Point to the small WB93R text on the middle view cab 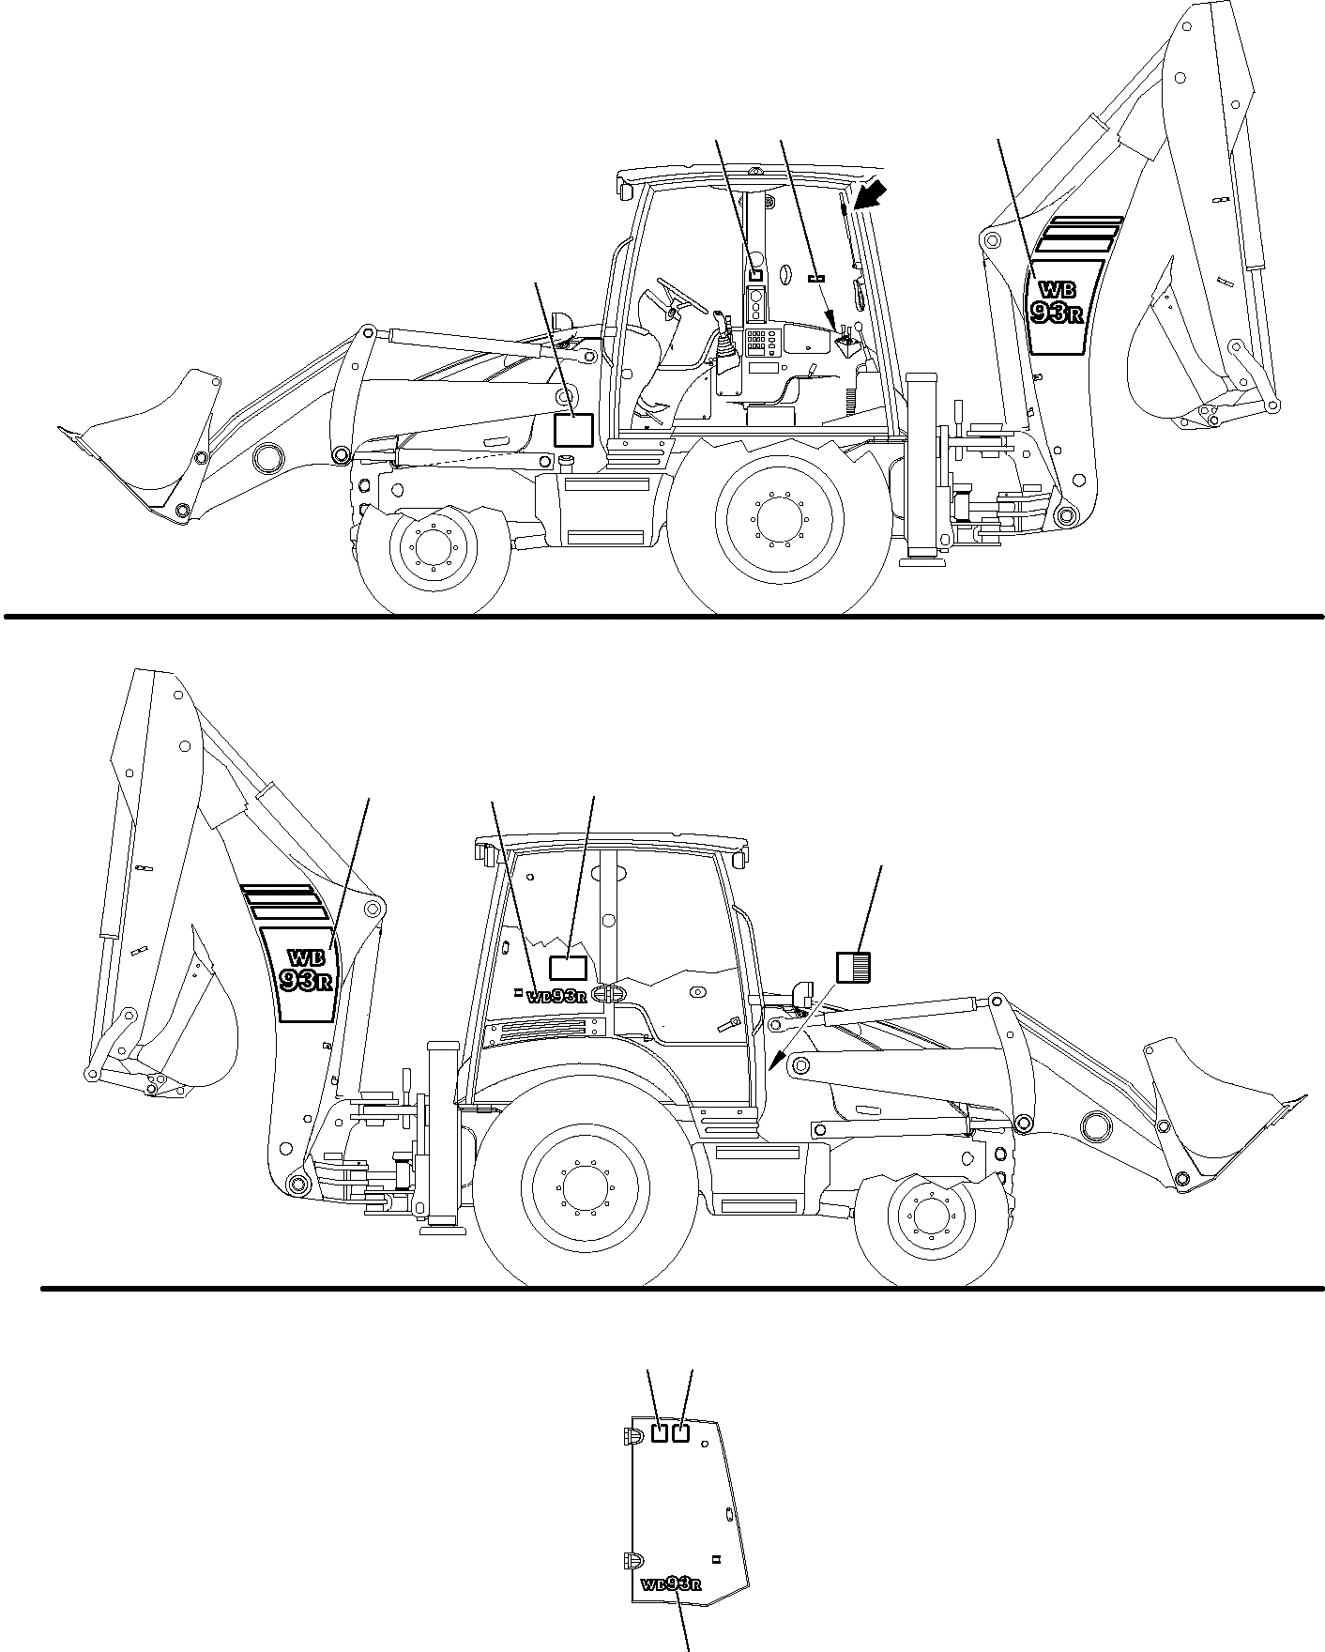pyautogui.click(x=556, y=997)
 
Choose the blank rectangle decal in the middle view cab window pyautogui.click(x=568, y=969)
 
